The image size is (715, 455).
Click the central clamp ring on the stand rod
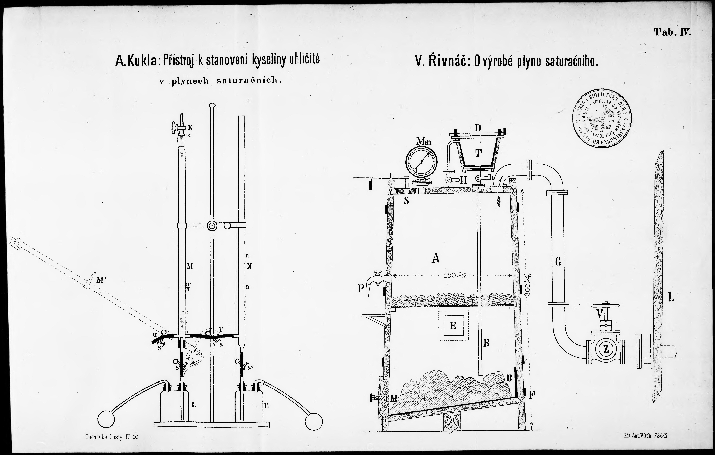coord(212,226)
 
